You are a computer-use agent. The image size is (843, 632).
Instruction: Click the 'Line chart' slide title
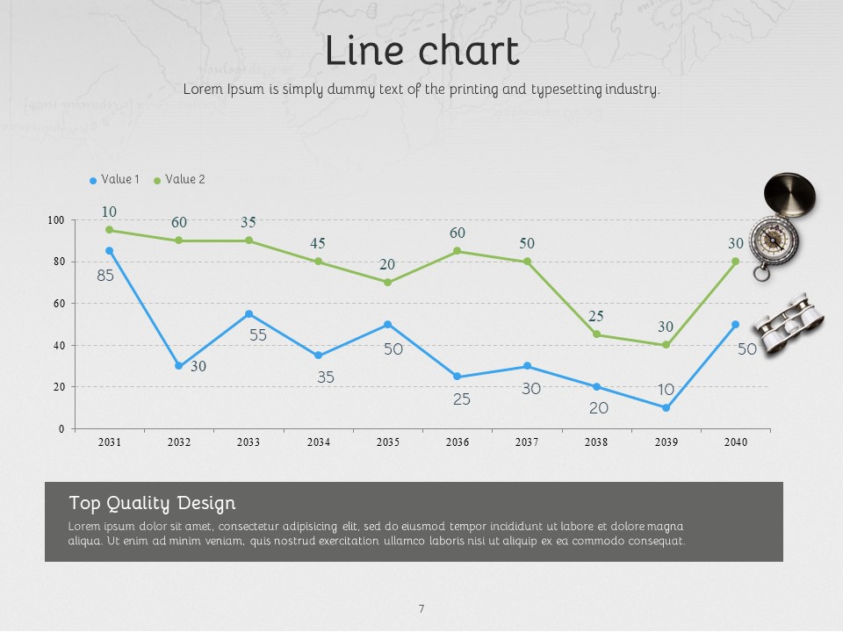(421, 50)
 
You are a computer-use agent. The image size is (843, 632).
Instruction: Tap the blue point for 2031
(110, 251)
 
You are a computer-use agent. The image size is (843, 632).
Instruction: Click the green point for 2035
(387, 283)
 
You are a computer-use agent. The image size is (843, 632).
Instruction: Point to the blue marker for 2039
(666, 408)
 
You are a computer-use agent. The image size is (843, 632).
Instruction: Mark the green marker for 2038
(596, 334)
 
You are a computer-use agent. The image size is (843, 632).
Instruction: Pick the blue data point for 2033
(249, 314)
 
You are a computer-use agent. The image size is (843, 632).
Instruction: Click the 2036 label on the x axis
(458, 442)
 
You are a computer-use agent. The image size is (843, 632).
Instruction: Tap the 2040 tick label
(736, 442)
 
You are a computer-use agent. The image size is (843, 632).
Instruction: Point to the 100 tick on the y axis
(56, 220)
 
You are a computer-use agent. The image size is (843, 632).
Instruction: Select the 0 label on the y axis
(61, 429)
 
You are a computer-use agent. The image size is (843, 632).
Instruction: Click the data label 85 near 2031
(105, 276)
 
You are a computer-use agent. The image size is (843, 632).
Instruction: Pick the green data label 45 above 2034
(318, 243)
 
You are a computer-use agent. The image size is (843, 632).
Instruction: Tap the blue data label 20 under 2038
(599, 408)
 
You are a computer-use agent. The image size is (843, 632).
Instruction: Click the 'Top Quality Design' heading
(152, 504)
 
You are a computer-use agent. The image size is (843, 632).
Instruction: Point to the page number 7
(421, 609)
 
